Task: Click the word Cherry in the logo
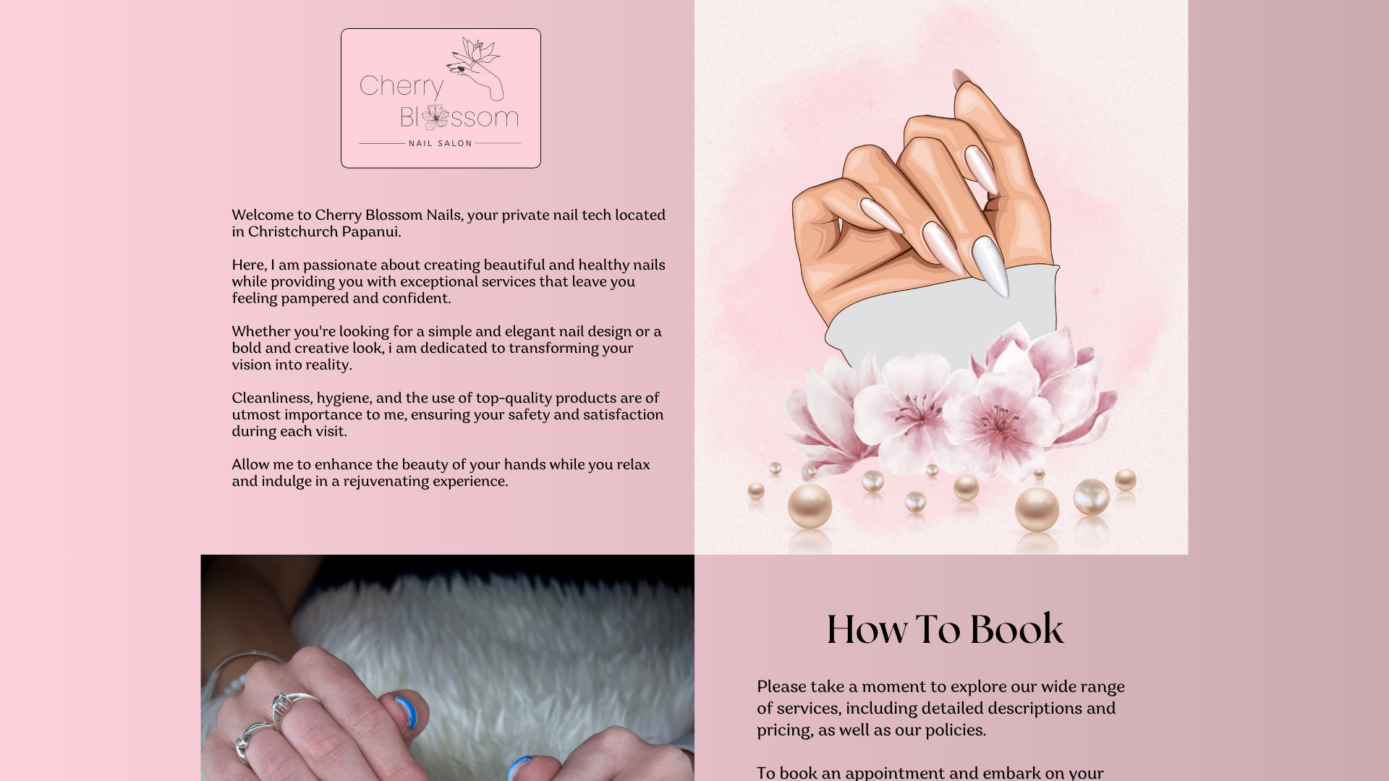[401, 86]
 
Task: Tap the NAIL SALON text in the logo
[440, 143]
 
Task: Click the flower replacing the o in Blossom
[436, 116]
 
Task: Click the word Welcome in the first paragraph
[262, 215]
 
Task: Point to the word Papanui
[370, 231]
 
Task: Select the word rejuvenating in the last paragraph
[386, 481]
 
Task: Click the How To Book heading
[945, 629]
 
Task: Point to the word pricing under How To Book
[784, 730]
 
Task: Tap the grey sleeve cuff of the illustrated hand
[940, 318]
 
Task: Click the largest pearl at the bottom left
[810, 505]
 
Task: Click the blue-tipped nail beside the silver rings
[406, 712]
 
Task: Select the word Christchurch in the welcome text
[293, 231]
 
